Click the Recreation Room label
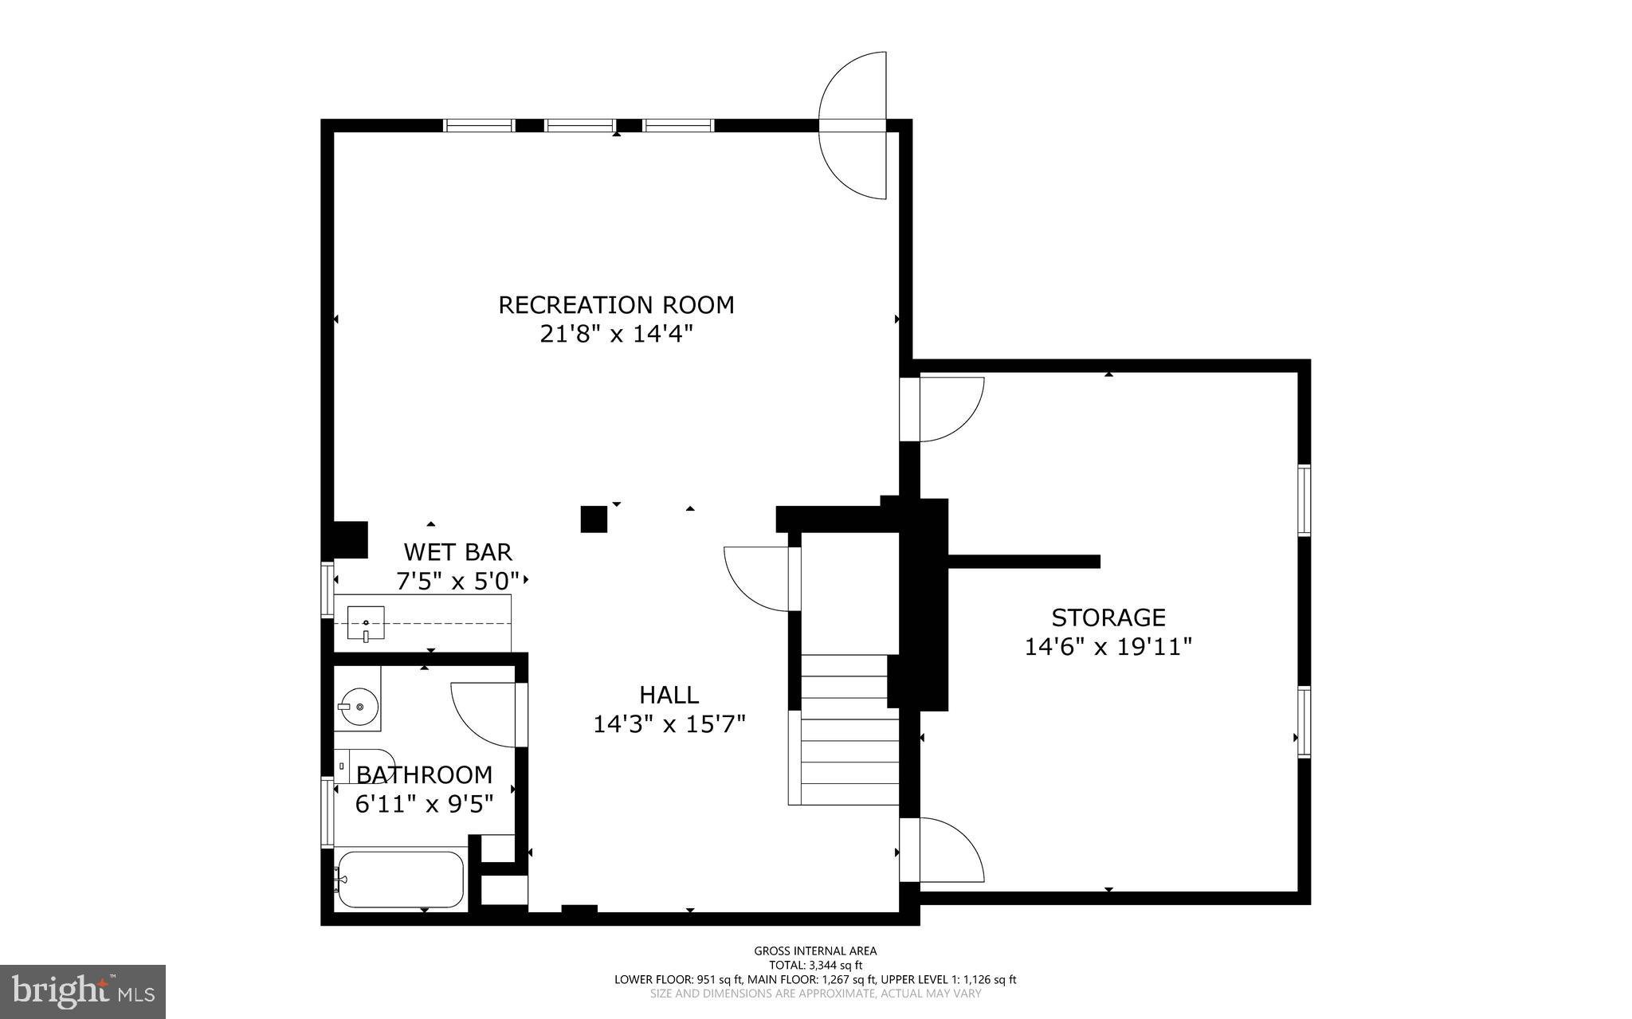pos(616,305)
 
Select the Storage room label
pos(1108,617)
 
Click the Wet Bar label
pos(457,551)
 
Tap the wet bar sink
pos(366,624)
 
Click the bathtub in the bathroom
pos(400,880)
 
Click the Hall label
pos(669,695)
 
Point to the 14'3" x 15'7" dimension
pos(669,724)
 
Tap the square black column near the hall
pos(594,519)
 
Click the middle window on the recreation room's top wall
pos(579,125)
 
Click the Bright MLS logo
pos(83,991)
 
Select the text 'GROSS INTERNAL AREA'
pos(815,950)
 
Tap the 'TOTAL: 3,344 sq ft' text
pos(815,965)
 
